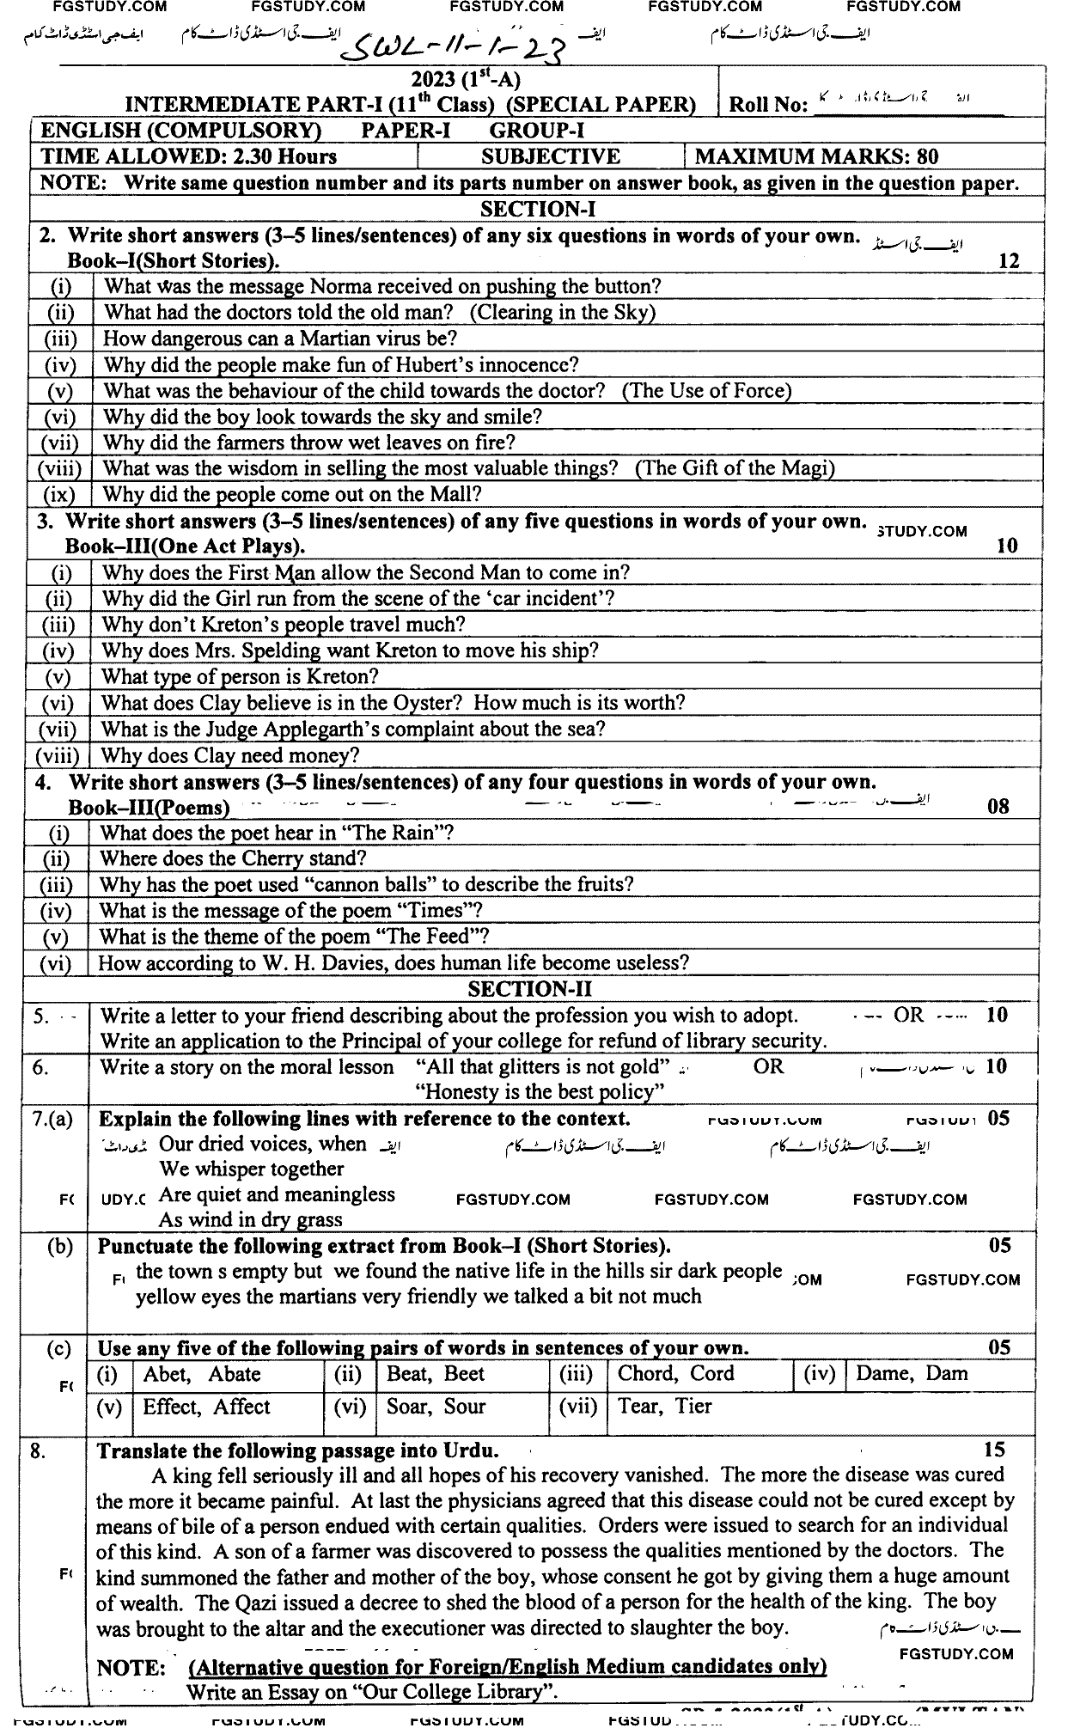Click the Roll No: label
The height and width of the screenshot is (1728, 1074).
(768, 105)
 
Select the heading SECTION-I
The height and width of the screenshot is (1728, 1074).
(538, 209)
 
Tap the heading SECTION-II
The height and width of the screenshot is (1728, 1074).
(536, 989)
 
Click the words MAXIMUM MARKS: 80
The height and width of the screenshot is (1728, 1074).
(816, 156)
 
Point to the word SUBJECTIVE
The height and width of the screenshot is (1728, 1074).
(550, 156)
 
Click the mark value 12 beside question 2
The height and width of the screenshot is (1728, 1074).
(1009, 261)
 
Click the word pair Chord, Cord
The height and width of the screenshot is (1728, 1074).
(675, 1373)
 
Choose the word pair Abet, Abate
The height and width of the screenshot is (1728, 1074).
(202, 1373)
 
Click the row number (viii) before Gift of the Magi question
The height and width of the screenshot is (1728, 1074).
(58, 468)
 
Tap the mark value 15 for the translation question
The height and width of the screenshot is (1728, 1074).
(993, 1450)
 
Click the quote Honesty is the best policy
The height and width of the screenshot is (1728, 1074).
(540, 1092)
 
